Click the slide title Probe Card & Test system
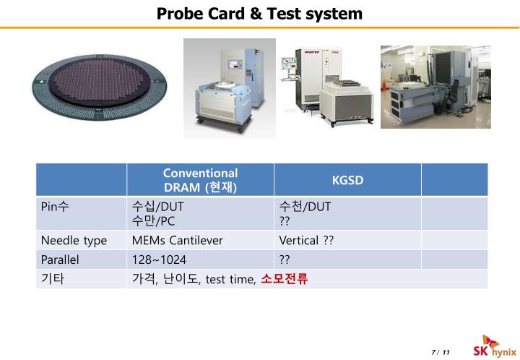[260, 14]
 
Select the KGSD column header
[347, 179]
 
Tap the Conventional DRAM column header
[200, 180]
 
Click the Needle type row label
[74, 241]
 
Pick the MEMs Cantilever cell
[178, 241]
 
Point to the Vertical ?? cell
[306, 241]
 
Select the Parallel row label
[60, 260]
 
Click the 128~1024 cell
[154, 260]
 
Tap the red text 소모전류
[285, 279]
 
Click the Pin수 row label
[55, 207]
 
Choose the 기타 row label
[53, 279]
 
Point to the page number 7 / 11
[440, 352]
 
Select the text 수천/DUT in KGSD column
[305, 207]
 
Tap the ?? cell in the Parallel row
[285, 260]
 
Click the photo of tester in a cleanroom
[435, 87]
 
